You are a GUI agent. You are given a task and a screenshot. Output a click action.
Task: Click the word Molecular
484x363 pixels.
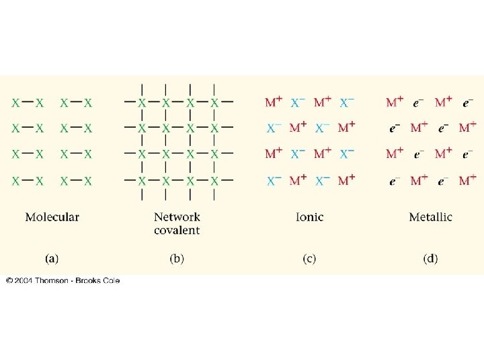coord(52,217)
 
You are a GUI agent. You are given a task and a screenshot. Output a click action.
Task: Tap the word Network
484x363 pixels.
coord(177,217)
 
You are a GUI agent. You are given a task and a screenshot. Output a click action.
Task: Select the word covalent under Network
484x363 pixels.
coord(177,230)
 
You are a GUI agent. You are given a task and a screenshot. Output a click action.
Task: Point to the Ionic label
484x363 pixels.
coord(309,217)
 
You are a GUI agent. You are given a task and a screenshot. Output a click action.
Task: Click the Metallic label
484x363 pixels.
coord(430,217)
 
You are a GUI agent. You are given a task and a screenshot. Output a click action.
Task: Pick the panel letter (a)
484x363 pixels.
coord(52,258)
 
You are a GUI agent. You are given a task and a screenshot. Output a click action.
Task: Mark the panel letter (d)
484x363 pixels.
coord(430,258)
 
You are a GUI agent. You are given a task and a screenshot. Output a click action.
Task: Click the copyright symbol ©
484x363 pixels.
coord(9,280)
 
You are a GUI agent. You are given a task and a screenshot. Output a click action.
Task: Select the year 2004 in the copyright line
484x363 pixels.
coord(24,280)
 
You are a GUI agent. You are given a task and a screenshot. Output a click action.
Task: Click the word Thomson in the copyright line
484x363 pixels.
coord(52,280)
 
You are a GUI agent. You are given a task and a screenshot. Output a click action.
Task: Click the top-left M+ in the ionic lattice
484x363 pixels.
coord(274,103)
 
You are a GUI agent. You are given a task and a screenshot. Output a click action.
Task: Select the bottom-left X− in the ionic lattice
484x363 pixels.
coord(274,181)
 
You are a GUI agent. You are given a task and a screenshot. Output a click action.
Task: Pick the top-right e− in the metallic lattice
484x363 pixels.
coord(468,103)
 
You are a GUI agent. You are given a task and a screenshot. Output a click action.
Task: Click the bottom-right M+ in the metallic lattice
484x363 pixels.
coord(468,181)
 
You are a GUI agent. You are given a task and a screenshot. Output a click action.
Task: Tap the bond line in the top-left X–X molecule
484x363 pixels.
coord(28,103)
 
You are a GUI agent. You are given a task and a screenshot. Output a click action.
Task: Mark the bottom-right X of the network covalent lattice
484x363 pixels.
coord(214,181)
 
